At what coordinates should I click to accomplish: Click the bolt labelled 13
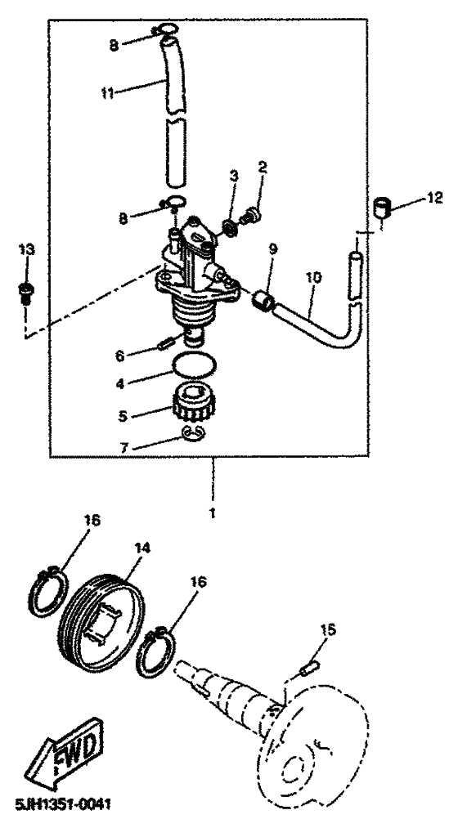25,291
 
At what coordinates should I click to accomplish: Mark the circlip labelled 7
195,433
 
